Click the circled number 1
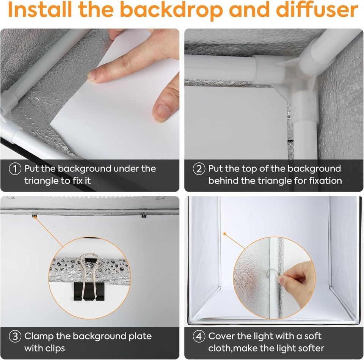(15, 168)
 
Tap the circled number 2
(199, 168)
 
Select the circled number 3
(15, 336)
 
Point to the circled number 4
(199, 336)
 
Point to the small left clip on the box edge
(35, 215)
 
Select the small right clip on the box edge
(144, 215)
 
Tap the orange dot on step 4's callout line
(224, 234)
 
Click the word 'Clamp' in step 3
(39, 336)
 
